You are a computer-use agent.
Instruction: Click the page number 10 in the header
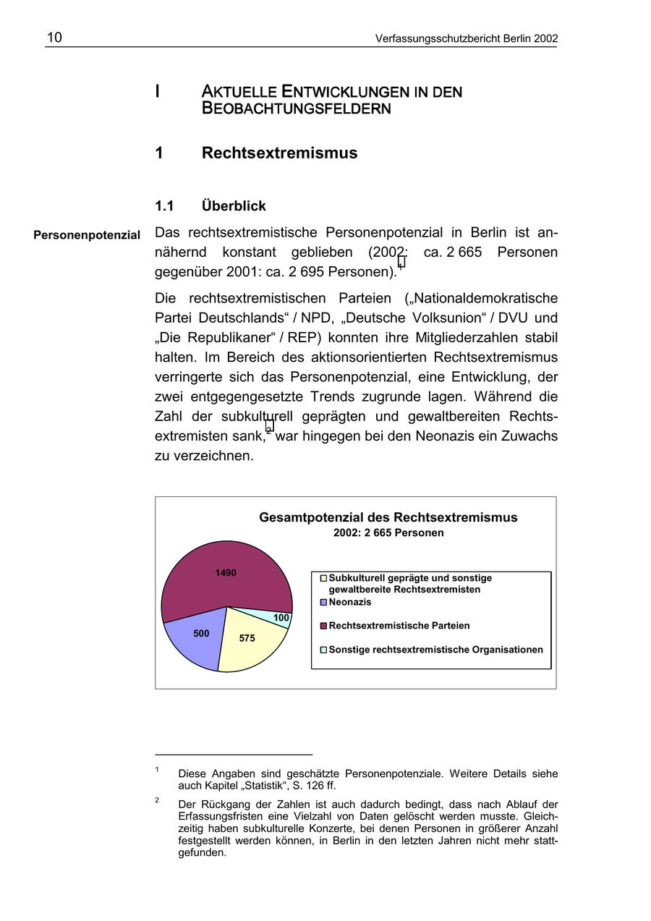pyautogui.click(x=54, y=38)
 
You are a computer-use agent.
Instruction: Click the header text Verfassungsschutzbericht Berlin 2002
pyautogui.click(x=466, y=38)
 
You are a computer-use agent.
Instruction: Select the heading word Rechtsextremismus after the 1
pyautogui.click(x=279, y=153)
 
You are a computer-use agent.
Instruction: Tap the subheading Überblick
pyautogui.click(x=234, y=206)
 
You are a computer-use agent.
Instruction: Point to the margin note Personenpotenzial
pyautogui.click(x=87, y=235)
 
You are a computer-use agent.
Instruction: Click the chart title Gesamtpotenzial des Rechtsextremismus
pyautogui.click(x=388, y=517)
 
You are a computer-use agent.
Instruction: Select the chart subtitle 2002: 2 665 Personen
pyautogui.click(x=388, y=532)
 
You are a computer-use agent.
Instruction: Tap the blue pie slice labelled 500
pyautogui.click(x=195, y=637)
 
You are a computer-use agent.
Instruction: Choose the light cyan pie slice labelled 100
pyautogui.click(x=279, y=618)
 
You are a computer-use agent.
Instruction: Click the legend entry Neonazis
pyautogui.click(x=349, y=602)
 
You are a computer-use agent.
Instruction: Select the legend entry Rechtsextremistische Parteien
pyautogui.click(x=399, y=626)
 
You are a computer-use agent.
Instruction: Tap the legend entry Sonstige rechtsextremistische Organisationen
pyautogui.click(x=435, y=650)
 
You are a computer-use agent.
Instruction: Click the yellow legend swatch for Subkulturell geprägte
pyautogui.click(x=324, y=579)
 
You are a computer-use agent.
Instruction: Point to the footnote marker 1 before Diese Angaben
pyautogui.click(x=157, y=770)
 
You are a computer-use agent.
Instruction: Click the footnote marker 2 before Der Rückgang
pyautogui.click(x=157, y=800)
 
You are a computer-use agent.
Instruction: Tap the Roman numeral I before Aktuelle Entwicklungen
pyautogui.click(x=157, y=92)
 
